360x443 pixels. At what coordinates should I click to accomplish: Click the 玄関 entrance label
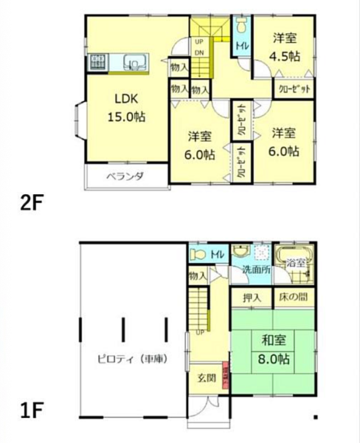pyautogui.click(x=206, y=378)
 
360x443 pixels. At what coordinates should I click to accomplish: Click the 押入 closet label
pyautogui.click(x=252, y=298)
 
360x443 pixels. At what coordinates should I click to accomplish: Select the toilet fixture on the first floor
pyautogui.click(x=197, y=254)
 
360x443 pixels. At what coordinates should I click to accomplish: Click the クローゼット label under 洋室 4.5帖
pyautogui.click(x=294, y=88)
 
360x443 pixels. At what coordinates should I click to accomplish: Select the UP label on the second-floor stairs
pyautogui.click(x=199, y=42)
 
